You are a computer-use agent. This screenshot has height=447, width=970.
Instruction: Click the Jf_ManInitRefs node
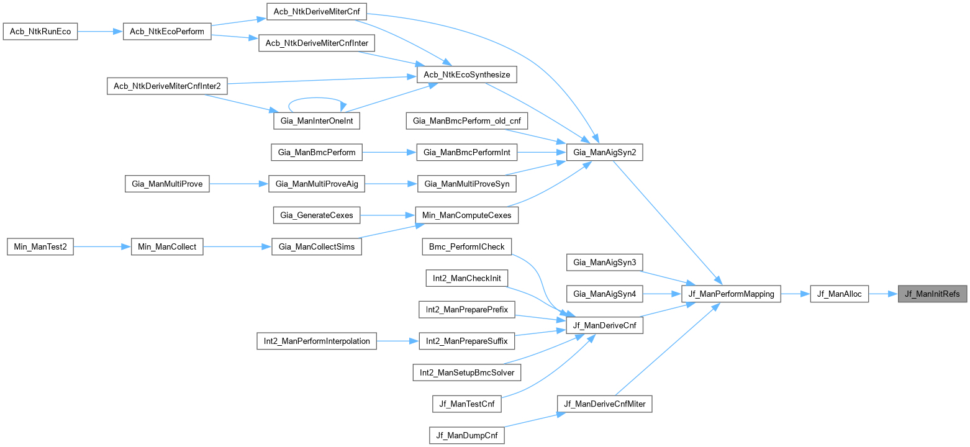932,294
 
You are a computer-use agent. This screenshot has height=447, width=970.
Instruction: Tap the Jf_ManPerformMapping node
730,294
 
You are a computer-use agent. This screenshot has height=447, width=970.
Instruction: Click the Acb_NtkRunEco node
40,32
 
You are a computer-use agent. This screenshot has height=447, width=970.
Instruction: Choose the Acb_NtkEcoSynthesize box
466,74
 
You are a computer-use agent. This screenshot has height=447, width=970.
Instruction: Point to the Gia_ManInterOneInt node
317,120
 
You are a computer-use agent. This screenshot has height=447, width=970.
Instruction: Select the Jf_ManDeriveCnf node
605,325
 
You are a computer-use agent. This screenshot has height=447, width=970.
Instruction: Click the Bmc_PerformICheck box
467,247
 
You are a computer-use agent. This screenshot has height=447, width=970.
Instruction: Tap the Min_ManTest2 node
40,246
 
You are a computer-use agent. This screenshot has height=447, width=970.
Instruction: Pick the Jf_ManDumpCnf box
466,435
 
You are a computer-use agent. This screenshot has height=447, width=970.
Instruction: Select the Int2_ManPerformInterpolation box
316,340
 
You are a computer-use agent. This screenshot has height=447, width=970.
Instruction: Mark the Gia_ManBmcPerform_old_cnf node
466,120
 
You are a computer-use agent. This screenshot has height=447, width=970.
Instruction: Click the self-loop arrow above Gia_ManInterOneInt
317,99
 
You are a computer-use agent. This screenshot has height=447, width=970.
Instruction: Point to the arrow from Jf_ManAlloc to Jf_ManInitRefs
882,294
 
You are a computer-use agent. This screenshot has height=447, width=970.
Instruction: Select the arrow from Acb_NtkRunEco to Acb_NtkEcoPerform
100,32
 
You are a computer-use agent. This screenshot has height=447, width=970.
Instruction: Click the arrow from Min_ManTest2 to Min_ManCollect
102,246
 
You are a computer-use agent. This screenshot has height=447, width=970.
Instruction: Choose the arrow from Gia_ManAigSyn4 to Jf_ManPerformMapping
661,294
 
